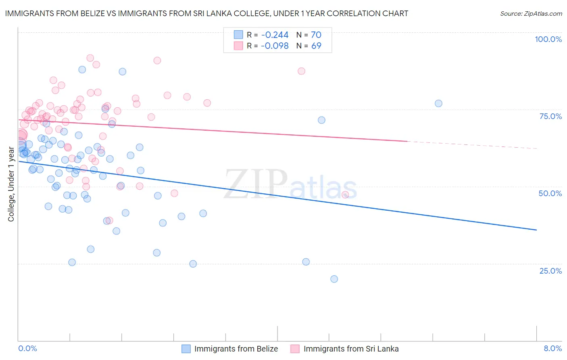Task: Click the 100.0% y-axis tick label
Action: (548, 39)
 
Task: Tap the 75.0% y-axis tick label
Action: (550, 116)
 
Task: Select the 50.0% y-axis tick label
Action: (550, 193)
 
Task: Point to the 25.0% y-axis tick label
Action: (550, 270)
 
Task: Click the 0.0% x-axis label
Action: (27, 348)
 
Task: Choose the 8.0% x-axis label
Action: (552, 348)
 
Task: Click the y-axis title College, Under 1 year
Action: (11, 184)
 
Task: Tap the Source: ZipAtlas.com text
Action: (531, 14)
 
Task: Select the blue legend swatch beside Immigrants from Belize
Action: (186, 349)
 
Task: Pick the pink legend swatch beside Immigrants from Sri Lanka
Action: (295, 349)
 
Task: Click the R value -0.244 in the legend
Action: (275, 35)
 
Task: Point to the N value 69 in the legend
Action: (316, 46)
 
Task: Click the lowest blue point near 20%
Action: (334, 279)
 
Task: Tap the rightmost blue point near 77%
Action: (438, 103)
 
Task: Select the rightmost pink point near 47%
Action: (345, 195)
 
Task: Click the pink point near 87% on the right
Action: (301, 71)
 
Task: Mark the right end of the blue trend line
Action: (536, 230)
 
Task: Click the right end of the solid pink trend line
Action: (407, 141)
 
